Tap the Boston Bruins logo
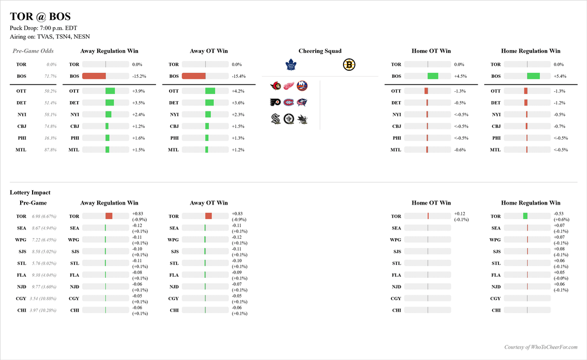click(349, 65)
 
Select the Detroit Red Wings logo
click(289, 85)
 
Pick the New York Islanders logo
click(302, 85)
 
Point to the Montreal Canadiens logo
click(289, 102)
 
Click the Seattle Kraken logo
click(276, 119)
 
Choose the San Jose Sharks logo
click(302, 119)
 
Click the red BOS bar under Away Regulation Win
click(94, 76)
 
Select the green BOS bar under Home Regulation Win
click(533, 76)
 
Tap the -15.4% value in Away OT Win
click(239, 76)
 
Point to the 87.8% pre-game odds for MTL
click(51, 150)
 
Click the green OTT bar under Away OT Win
click(210, 91)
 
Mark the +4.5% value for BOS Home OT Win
click(460, 76)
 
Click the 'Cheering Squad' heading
click(320, 51)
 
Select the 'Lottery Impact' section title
click(30, 193)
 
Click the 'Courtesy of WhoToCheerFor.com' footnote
click(540, 347)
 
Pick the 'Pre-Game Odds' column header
click(33, 51)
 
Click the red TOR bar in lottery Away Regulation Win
click(109, 216)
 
